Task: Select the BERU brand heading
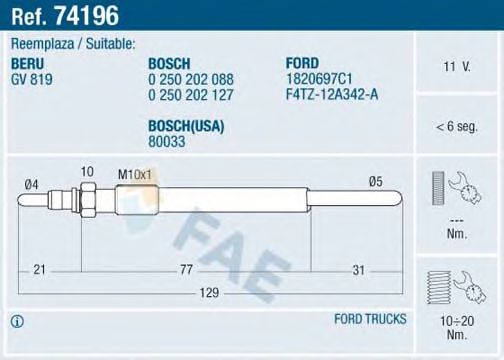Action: [28, 62]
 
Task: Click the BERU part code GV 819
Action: [32, 77]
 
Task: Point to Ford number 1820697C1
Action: [316, 77]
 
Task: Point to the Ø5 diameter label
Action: [375, 180]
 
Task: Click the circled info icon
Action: [18, 320]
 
